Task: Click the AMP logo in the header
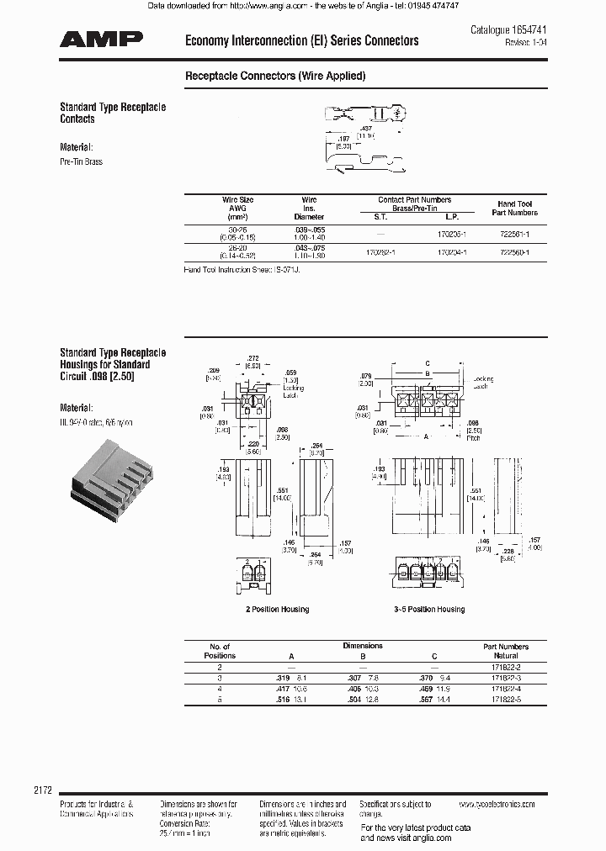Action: point(101,40)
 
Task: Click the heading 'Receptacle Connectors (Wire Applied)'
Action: point(274,76)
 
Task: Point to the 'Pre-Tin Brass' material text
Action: point(81,161)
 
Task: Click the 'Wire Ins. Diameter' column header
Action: point(310,209)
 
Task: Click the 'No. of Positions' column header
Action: point(220,651)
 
